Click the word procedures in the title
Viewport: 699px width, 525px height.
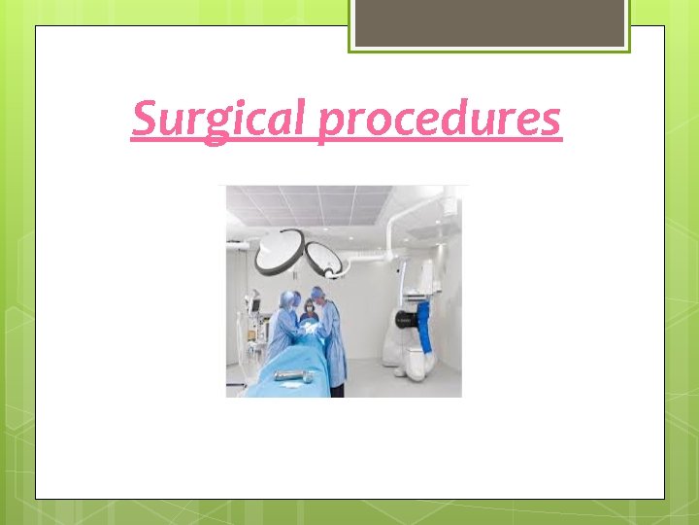(x=440, y=120)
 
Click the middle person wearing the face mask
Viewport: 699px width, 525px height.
(x=310, y=310)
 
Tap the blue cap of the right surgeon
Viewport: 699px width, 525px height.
(x=318, y=292)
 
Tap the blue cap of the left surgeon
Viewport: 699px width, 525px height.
(x=289, y=296)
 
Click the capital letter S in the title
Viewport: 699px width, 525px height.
(x=144, y=120)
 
